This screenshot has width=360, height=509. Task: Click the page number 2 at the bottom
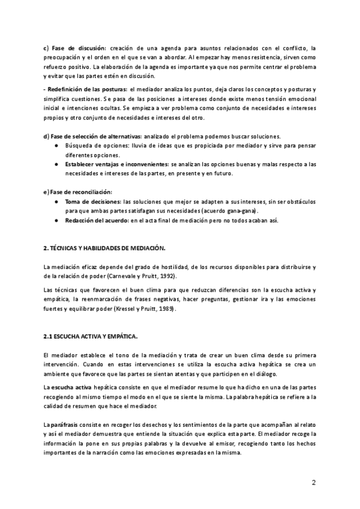point(314,483)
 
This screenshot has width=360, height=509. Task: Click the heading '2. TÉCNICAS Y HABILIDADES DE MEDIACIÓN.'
point(104,248)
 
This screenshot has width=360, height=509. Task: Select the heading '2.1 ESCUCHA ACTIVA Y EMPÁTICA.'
point(90,337)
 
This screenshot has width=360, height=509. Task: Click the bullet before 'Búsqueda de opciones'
point(56,146)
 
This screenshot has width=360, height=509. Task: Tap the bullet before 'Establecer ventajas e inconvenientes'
point(56,164)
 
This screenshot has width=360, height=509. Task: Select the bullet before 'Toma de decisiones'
point(56,202)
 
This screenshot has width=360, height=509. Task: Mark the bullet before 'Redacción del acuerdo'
point(56,220)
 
